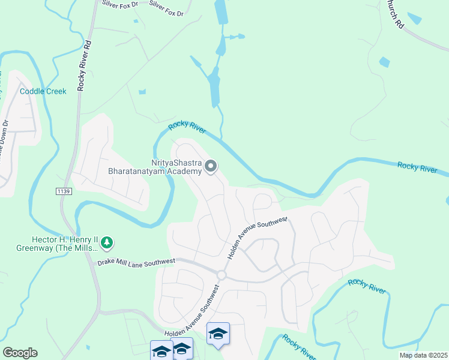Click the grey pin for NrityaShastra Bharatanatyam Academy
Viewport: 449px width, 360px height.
(211, 166)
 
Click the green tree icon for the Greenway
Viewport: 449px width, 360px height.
(107, 242)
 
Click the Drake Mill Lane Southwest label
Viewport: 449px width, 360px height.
(136, 262)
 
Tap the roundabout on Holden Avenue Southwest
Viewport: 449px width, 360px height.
(221, 275)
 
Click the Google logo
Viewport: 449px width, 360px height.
(20, 353)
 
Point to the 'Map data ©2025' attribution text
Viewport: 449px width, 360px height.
(423, 355)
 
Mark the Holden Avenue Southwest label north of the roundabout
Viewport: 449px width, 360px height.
(257, 238)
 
